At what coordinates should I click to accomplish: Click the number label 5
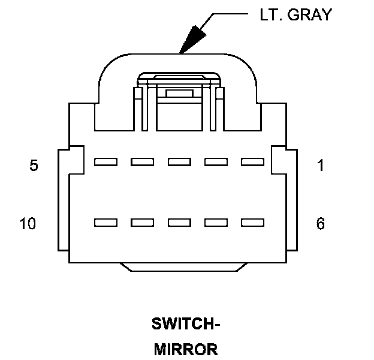pos(34,166)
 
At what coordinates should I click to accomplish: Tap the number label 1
pos(321,166)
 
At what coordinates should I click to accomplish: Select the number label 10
pos(28,224)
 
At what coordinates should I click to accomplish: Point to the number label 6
pos(321,224)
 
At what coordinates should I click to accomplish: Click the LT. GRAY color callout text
pos(295,16)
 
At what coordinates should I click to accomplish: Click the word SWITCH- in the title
pos(186,325)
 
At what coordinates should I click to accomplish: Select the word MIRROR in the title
pos(186,349)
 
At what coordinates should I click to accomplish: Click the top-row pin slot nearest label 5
pos(105,162)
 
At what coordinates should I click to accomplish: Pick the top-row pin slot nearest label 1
pos(252,162)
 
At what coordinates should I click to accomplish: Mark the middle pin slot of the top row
pos(179,162)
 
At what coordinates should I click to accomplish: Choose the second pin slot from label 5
pos(142,162)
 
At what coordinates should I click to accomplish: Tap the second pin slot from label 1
pos(216,162)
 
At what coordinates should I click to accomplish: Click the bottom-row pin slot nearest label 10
pos(105,223)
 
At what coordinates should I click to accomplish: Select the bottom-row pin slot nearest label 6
pos(252,223)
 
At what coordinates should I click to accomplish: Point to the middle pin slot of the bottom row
pos(179,223)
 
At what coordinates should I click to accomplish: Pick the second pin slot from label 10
pos(142,223)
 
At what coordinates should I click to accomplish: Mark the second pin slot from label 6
pos(216,223)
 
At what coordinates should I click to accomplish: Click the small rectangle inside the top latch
pos(179,94)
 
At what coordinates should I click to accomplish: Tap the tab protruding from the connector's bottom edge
pos(185,267)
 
